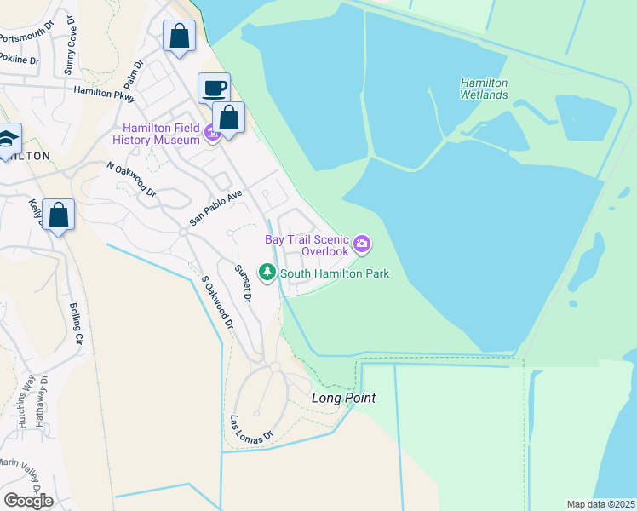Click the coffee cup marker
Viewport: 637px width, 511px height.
point(214,87)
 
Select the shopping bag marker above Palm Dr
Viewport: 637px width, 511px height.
point(179,36)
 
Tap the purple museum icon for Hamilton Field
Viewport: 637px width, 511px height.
point(212,133)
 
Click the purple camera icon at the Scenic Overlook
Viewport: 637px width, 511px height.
point(363,245)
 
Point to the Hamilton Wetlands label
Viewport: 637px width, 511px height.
point(484,89)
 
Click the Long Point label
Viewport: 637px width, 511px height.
point(343,398)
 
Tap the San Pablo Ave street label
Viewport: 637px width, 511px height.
point(216,207)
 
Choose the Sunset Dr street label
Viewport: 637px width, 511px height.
point(244,284)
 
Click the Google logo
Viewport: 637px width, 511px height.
point(28,500)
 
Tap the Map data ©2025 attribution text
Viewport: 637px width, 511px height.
point(601,504)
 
